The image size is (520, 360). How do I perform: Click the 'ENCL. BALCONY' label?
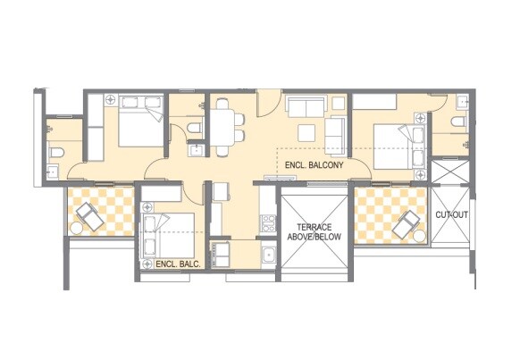point(310,165)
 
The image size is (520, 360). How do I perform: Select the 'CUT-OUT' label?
point(450,216)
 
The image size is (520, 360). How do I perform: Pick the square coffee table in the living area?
point(307,131)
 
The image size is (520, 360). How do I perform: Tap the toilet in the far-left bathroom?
point(55,151)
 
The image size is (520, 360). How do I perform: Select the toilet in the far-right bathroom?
point(459,122)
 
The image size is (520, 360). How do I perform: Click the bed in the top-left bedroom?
point(137,125)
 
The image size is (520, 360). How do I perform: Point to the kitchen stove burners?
point(264,220)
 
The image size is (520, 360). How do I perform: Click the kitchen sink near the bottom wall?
point(266,255)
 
